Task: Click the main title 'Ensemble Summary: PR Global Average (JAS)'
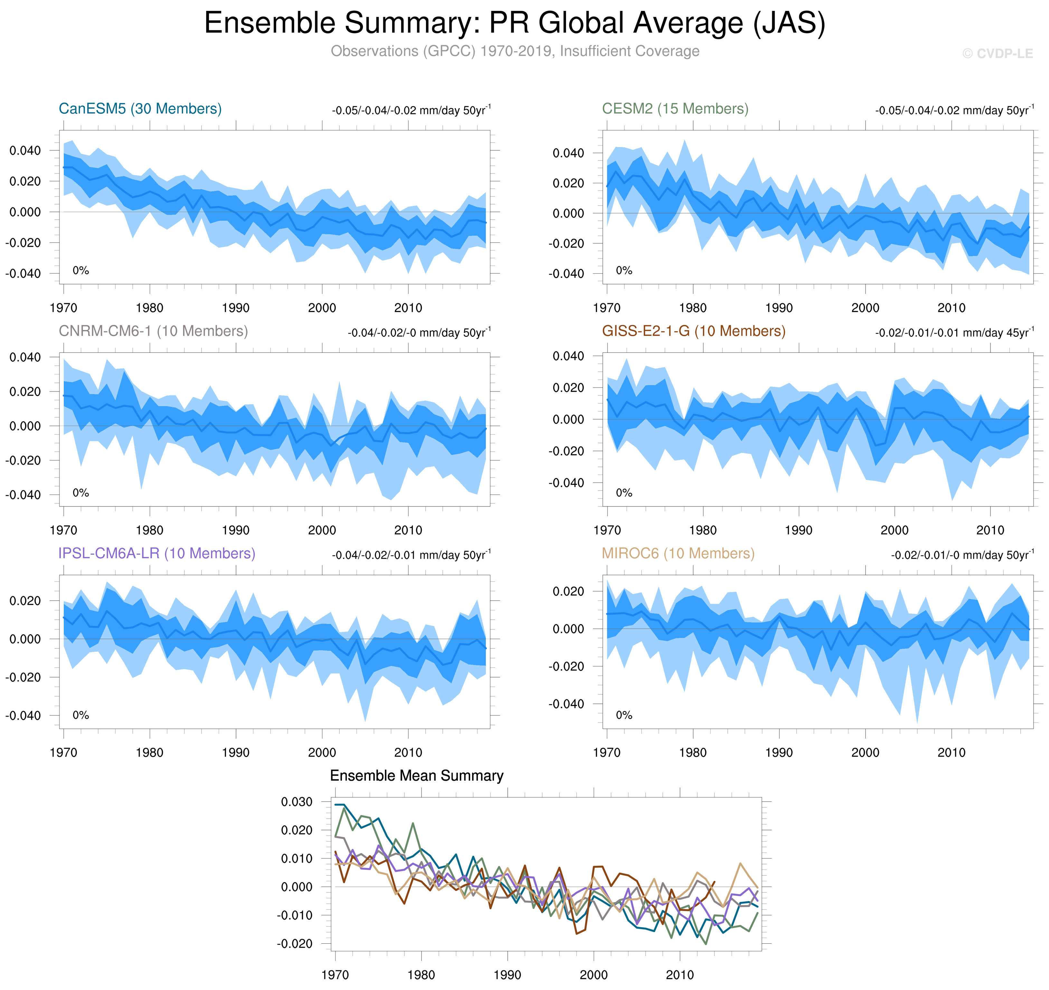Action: [515, 24]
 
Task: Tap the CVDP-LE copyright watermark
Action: [997, 54]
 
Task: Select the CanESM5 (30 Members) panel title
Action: [140, 109]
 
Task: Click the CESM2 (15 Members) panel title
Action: [675, 109]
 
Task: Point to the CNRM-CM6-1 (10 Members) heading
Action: [153, 331]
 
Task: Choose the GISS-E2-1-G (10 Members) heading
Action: [693, 331]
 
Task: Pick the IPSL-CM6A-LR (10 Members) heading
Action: [157, 553]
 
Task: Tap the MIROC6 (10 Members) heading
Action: [678, 553]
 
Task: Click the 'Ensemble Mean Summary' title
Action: [416, 776]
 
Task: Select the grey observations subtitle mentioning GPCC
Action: [515, 51]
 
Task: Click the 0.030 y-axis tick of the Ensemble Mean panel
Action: [297, 802]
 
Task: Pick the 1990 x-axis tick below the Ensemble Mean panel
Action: [507, 975]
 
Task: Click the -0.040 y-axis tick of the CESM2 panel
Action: [566, 274]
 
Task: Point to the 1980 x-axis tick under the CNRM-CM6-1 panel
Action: [149, 530]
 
